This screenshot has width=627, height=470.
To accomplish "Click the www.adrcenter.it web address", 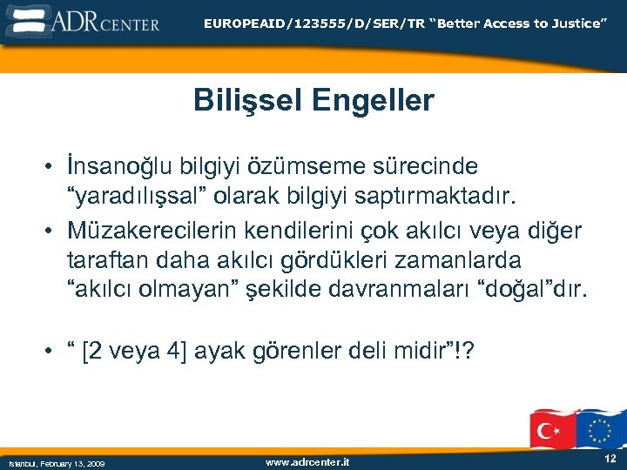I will [x=307, y=462].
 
